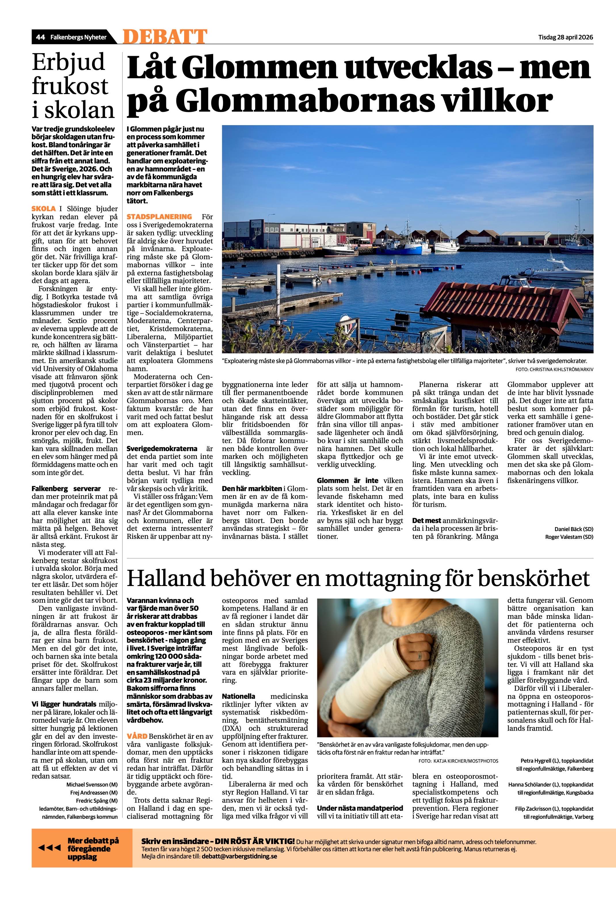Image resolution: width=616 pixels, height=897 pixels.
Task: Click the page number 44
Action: click(41, 37)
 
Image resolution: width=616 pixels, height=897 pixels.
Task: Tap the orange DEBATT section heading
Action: click(165, 37)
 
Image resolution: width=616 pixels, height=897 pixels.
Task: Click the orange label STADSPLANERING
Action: click(159, 217)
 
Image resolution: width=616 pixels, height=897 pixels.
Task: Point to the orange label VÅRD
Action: click(137, 736)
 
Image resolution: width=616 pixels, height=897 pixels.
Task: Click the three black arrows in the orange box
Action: click(49, 859)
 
